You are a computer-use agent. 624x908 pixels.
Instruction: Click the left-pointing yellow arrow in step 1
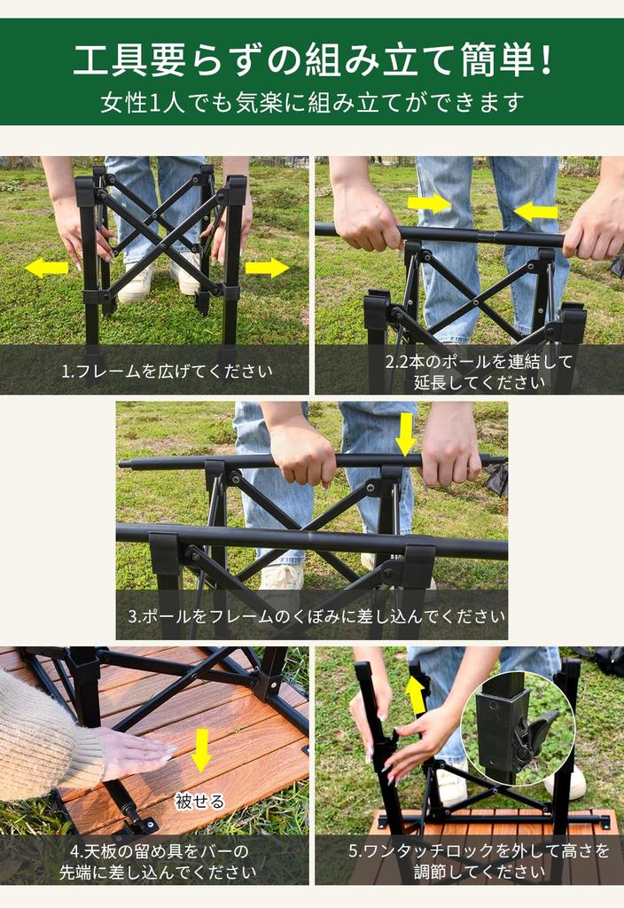[x=46, y=268]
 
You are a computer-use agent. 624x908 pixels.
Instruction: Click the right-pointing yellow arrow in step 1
[x=267, y=268]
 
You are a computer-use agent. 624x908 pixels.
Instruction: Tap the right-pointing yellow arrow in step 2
[x=429, y=203]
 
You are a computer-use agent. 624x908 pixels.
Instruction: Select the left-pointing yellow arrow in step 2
[x=536, y=211]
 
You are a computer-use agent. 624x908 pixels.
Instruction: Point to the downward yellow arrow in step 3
[x=405, y=434]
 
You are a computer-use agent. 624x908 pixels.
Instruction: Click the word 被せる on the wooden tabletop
[x=199, y=802]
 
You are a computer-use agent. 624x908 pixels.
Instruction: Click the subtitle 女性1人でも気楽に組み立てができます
[x=312, y=102]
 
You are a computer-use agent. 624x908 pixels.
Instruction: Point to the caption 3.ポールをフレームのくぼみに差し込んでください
[x=312, y=615]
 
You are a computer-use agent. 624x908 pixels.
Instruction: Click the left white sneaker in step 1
[x=136, y=284]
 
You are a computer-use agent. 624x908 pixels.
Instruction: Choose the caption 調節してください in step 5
[x=480, y=872]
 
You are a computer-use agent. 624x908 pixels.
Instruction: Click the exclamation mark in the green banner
[x=546, y=60]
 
